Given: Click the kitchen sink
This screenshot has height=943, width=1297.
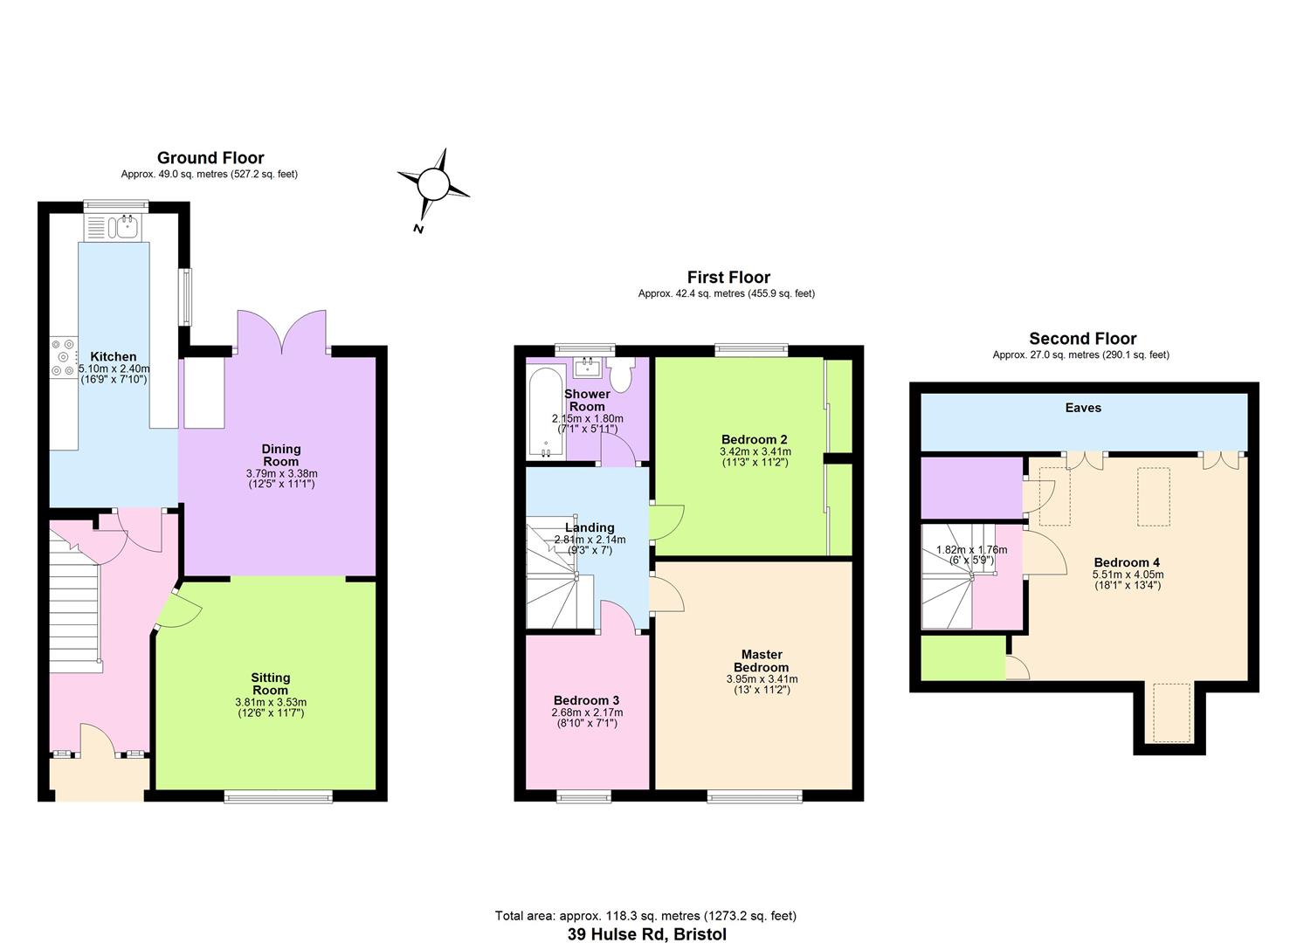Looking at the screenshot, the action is pyautogui.click(x=111, y=227).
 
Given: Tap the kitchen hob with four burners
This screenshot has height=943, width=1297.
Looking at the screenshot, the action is pyautogui.click(x=64, y=357).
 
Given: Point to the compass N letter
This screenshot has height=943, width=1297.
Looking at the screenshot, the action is pyautogui.click(x=418, y=229).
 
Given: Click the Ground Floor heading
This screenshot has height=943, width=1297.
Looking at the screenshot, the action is pyautogui.click(x=210, y=157).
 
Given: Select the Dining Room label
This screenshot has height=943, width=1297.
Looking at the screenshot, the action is pyautogui.click(x=281, y=455).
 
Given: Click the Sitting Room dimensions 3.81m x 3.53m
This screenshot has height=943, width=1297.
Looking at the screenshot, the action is pyautogui.click(x=271, y=702).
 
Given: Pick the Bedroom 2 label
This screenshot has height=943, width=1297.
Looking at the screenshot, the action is pyautogui.click(x=755, y=439).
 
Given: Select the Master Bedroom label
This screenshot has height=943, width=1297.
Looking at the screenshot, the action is pyautogui.click(x=762, y=660).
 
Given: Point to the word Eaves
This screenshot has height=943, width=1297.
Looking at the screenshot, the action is pyautogui.click(x=1083, y=408).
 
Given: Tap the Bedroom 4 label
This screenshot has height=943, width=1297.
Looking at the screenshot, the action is pyautogui.click(x=1127, y=562).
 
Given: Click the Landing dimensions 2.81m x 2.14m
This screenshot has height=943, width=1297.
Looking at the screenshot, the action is pyautogui.click(x=590, y=540).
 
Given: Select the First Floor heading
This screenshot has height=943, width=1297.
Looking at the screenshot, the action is pyautogui.click(x=728, y=277).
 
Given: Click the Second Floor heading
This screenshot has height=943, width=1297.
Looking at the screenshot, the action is pyautogui.click(x=1083, y=338).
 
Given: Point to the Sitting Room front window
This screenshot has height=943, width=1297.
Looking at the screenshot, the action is pyautogui.click(x=279, y=797).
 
